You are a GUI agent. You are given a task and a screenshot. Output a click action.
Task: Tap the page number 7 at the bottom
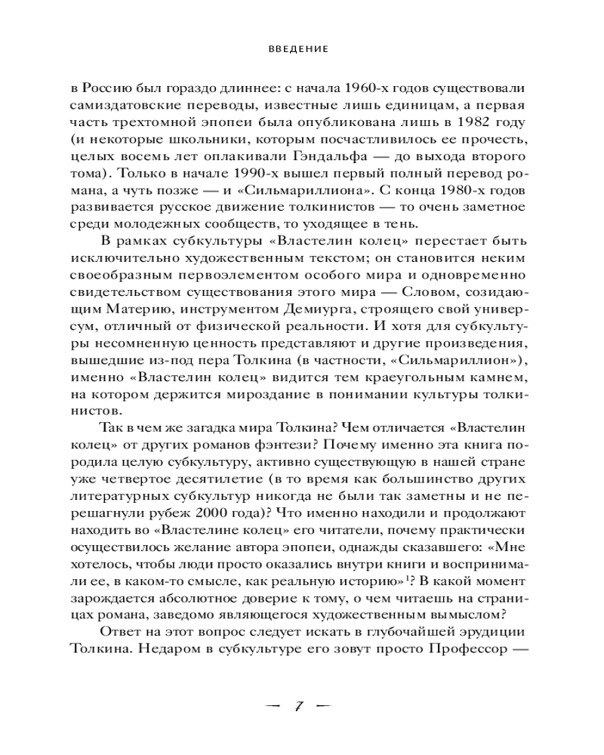pos(298,707)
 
